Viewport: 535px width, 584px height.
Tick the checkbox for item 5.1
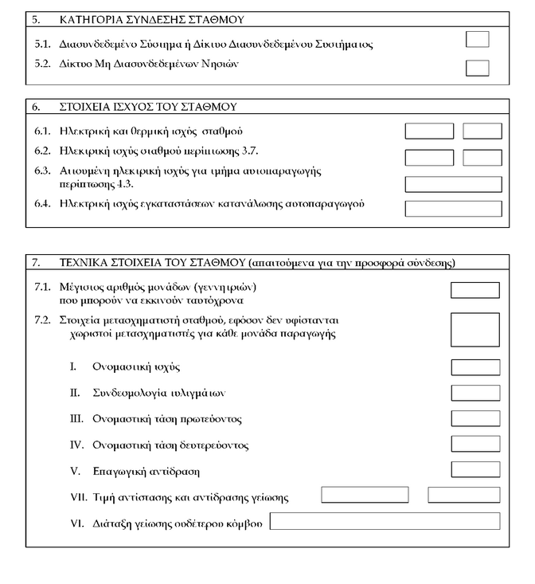[x=477, y=40]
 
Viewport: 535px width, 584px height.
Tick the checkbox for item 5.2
[x=477, y=68]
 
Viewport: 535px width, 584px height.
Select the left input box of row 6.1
[x=429, y=131]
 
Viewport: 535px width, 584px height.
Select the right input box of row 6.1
[x=482, y=131]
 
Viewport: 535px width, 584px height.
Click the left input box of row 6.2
[x=429, y=158]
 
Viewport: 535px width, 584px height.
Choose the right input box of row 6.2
[x=482, y=158]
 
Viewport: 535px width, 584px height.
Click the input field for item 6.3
[x=453, y=184]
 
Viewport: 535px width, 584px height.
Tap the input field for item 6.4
[x=453, y=209]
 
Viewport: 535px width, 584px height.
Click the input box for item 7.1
[x=475, y=291]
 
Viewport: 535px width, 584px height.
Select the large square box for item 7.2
[x=475, y=328]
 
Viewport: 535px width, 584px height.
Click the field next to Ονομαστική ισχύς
[x=475, y=367]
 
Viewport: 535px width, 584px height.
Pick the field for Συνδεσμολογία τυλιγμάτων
[x=475, y=393]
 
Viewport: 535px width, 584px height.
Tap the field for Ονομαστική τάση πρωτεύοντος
[x=475, y=418]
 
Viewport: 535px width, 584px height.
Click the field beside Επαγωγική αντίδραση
[x=475, y=469]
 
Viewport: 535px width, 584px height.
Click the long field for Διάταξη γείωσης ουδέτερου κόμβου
[x=385, y=522]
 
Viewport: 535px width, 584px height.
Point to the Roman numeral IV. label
[x=77, y=445]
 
